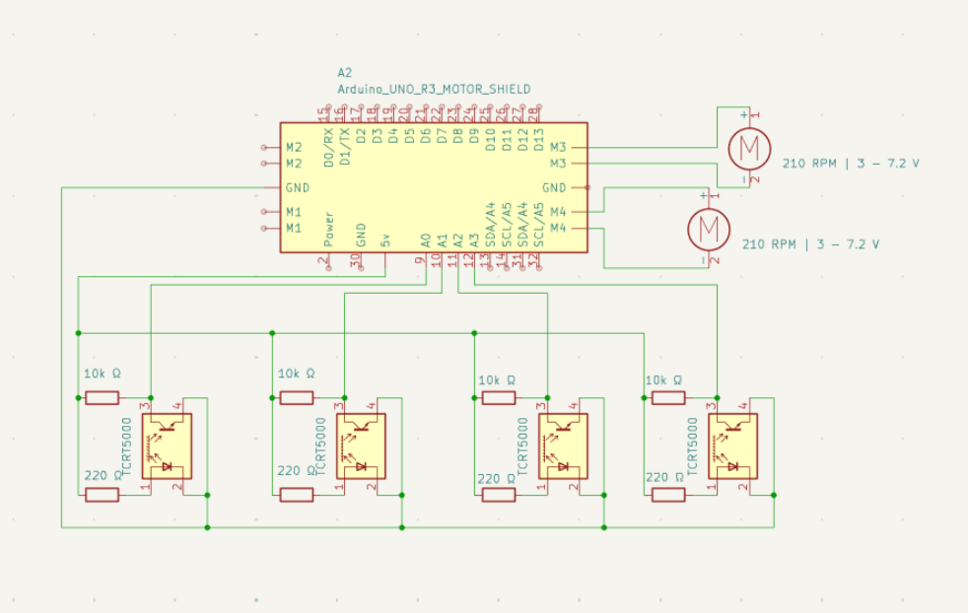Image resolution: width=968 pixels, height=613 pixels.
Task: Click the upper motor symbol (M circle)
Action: tap(749, 149)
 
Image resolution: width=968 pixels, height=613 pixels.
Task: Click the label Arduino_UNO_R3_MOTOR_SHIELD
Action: tap(434, 89)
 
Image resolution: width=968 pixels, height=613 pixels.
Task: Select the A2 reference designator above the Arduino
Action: tap(344, 73)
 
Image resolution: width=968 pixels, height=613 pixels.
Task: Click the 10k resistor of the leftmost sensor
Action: tap(102, 398)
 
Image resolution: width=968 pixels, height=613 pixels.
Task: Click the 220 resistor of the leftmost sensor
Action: tap(102, 495)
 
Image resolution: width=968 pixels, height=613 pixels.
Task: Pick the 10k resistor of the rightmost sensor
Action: tap(667, 398)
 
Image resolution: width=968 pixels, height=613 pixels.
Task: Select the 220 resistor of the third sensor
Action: tap(497, 495)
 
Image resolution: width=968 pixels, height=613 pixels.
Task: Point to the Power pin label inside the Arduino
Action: tap(329, 229)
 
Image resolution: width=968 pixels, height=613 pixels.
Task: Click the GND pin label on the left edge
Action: tap(297, 187)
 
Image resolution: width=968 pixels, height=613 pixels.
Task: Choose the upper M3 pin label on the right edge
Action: tap(558, 147)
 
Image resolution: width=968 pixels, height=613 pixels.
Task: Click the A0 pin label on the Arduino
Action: tap(426, 239)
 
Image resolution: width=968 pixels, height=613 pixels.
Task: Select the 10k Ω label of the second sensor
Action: tap(297, 375)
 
